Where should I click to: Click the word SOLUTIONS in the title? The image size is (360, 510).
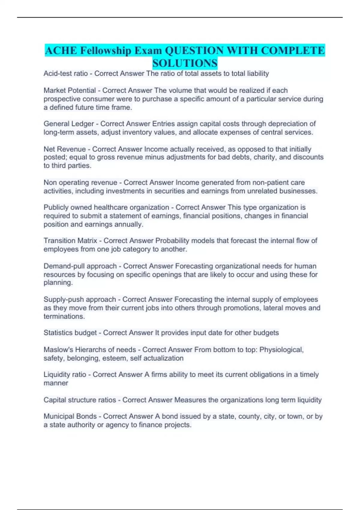pos(185,63)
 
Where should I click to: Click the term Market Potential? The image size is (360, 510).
pos(70,90)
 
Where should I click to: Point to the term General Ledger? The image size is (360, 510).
pos(69,124)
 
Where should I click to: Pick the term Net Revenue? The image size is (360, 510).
pos(64,149)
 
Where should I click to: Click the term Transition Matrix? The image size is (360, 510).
pos(70,241)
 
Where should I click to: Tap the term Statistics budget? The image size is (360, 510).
pos(70,333)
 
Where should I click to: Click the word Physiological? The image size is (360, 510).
pos(281,350)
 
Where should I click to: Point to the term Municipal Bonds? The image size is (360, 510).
pos(70,416)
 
